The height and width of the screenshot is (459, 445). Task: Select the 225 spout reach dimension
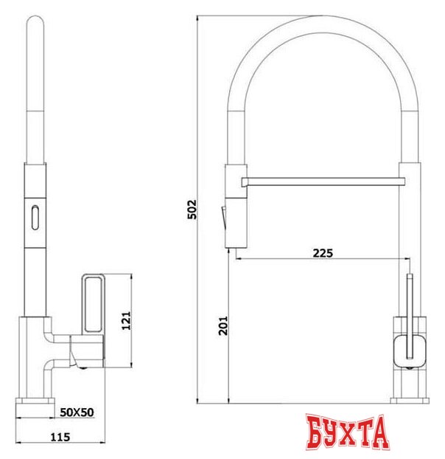(323, 253)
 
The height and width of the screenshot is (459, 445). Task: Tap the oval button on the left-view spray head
(34, 216)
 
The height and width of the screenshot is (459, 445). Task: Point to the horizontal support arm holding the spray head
(324, 180)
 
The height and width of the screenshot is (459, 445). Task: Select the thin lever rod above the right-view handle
(409, 295)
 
